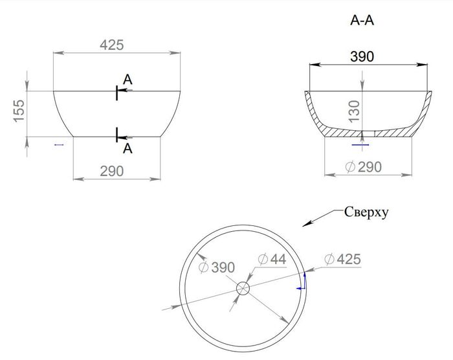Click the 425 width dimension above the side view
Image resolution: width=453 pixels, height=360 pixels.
(x=112, y=45)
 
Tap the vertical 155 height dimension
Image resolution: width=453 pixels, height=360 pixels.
(x=19, y=111)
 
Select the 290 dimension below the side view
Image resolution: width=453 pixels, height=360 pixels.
(x=112, y=171)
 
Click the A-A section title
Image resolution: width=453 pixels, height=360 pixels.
(x=362, y=20)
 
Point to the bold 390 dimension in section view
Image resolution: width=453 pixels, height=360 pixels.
(x=362, y=57)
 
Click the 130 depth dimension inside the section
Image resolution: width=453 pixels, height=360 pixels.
(x=354, y=111)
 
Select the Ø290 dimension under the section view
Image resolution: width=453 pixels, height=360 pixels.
(x=364, y=167)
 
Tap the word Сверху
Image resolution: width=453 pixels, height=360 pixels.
(x=366, y=212)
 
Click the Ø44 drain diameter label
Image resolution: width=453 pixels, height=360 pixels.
(x=272, y=259)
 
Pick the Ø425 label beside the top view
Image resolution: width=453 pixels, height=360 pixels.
(x=342, y=259)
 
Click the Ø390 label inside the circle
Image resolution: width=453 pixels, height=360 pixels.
(x=217, y=267)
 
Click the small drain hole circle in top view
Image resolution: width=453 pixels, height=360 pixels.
(x=243, y=288)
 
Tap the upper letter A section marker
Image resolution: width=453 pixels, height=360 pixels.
(x=127, y=80)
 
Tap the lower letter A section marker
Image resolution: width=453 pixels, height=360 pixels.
(x=127, y=149)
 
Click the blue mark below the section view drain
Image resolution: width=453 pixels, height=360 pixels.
(x=360, y=144)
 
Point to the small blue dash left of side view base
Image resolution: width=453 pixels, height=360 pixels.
(x=59, y=144)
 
